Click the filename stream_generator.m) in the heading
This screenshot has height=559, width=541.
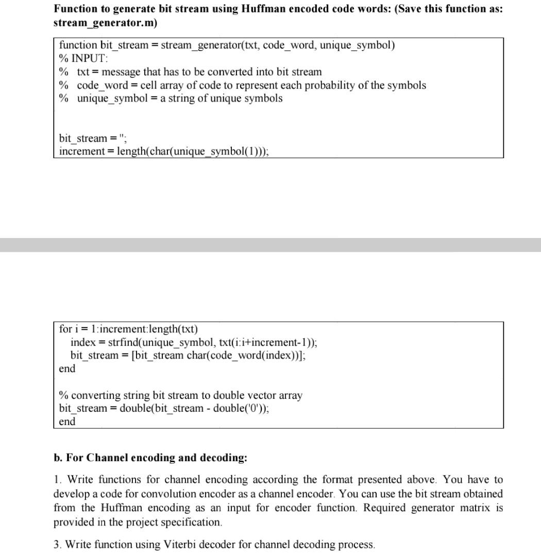pyautogui.click(x=105, y=23)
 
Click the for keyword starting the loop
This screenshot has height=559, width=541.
pyautogui.click(x=65, y=329)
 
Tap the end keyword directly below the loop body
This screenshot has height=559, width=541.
pyautogui.click(x=67, y=368)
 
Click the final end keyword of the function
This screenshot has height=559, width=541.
pyautogui.click(x=67, y=421)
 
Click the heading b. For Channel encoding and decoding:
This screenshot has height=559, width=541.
pyautogui.click(x=150, y=458)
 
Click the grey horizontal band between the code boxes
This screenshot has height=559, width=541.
pyautogui.click(x=270, y=245)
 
